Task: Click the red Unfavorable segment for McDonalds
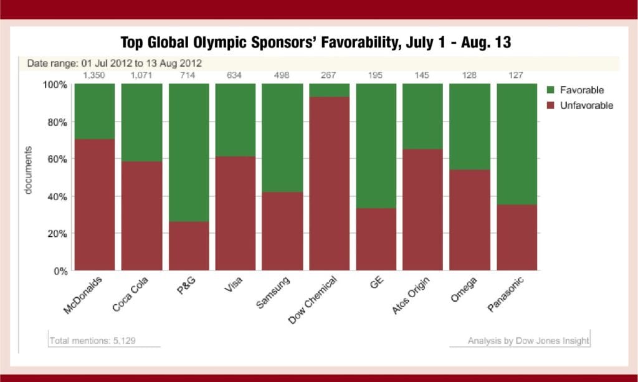[95, 204]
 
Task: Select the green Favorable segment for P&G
[189, 153]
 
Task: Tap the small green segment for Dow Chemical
[329, 90]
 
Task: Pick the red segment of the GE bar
[376, 240]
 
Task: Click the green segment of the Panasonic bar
[517, 144]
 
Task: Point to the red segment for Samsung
[282, 231]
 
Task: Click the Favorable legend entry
[575, 90]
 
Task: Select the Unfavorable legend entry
[579, 105]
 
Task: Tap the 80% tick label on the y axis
[55, 122]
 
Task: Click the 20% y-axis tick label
[55, 234]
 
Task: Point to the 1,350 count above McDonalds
[94, 75]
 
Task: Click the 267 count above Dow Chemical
[328, 75]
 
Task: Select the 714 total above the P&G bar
[188, 75]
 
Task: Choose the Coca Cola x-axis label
[130, 294]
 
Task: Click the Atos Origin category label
[411, 295]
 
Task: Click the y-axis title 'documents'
[28, 171]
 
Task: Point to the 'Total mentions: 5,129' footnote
[92, 340]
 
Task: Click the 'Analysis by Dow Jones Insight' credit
[528, 340]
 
